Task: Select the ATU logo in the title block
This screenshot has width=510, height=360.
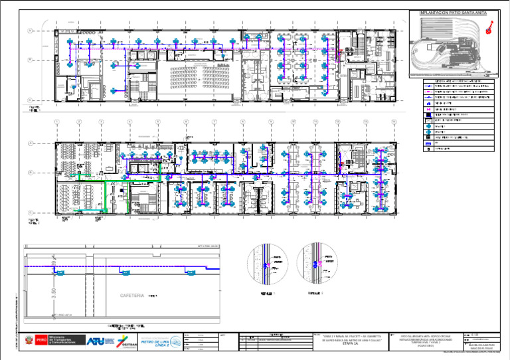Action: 96,341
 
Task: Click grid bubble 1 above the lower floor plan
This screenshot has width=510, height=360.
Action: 57,122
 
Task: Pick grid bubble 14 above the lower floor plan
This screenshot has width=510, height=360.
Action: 394,122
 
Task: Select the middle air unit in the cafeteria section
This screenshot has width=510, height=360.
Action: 124,272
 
